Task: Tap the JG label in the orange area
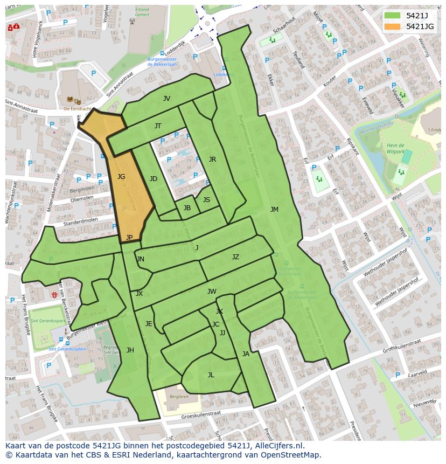(121, 177)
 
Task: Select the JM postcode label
(274, 210)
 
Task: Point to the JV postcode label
(166, 99)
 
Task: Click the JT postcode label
(158, 126)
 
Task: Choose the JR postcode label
(212, 160)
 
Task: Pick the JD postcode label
(154, 179)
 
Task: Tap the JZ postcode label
(235, 257)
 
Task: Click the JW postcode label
(212, 292)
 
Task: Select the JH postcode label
(130, 350)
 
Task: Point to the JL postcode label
(211, 375)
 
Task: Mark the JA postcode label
(246, 354)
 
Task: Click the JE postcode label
(149, 324)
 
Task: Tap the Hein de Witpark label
(396, 149)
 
